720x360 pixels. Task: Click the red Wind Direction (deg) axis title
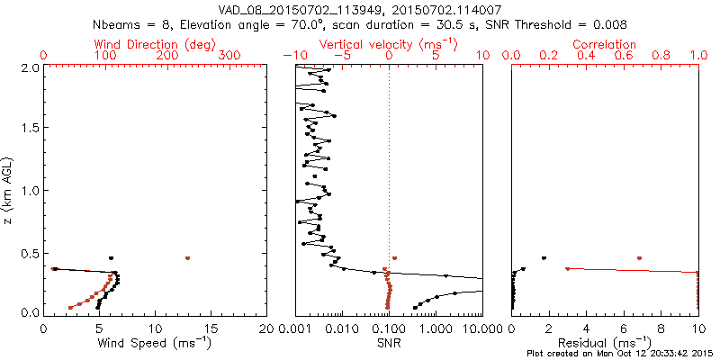pos(156,44)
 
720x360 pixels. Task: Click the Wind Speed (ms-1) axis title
pos(156,342)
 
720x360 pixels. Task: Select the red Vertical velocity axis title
pos(390,44)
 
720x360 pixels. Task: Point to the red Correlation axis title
pos(605,44)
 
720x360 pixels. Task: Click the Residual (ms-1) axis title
pos(605,342)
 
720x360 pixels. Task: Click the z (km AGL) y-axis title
pos(8,190)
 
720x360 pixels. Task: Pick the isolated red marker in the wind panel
pos(187,258)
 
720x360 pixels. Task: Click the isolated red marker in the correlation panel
pos(639,258)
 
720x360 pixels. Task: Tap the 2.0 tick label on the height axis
pos(29,67)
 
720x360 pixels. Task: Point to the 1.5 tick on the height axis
pos(29,129)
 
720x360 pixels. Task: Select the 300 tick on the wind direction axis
pos(230,56)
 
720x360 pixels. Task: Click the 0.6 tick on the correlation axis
pos(624,56)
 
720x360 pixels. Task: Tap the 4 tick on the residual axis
pos(587,329)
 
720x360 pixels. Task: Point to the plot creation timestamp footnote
pos(621,353)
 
